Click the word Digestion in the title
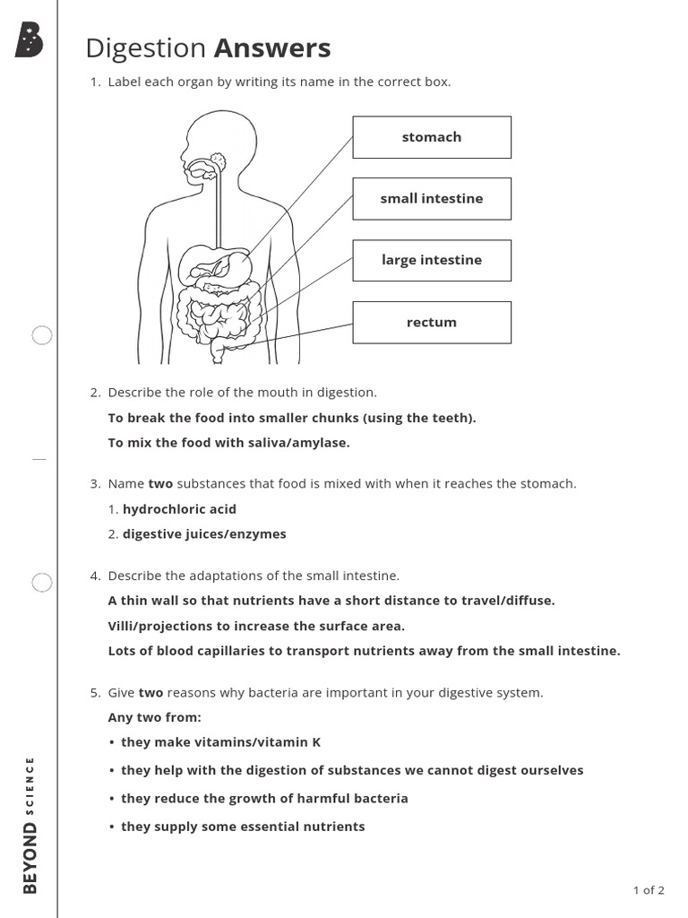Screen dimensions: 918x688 tap(145, 48)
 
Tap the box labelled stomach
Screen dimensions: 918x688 tap(432, 137)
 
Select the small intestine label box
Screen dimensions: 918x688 tap(432, 198)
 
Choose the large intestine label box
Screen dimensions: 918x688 tap(432, 260)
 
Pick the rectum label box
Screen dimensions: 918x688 tap(432, 322)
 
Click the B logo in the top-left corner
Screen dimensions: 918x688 tap(30, 40)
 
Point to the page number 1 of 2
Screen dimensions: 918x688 tap(649, 890)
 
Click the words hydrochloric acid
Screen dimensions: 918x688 tap(179, 509)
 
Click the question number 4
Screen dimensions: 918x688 tap(95, 576)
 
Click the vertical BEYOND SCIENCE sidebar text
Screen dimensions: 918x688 tap(30, 825)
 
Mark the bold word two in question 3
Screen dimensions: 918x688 tap(160, 484)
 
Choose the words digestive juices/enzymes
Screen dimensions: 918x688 tap(204, 534)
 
